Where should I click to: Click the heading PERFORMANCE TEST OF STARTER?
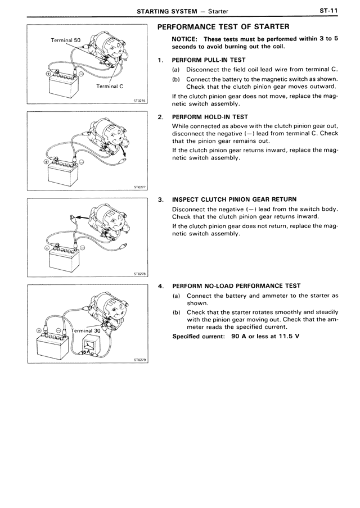[x=223, y=26]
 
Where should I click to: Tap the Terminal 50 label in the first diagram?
[x=66, y=41]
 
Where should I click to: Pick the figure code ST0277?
[x=139, y=188]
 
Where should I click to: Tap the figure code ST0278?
[x=139, y=274]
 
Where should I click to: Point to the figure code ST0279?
[x=139, y=362]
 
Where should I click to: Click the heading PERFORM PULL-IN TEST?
[x=209, y=59]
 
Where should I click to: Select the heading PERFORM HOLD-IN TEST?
[x=210, y=117]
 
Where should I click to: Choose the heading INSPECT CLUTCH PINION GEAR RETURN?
[x=234, y=199]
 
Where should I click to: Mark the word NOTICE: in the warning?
[x=186, y=39]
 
